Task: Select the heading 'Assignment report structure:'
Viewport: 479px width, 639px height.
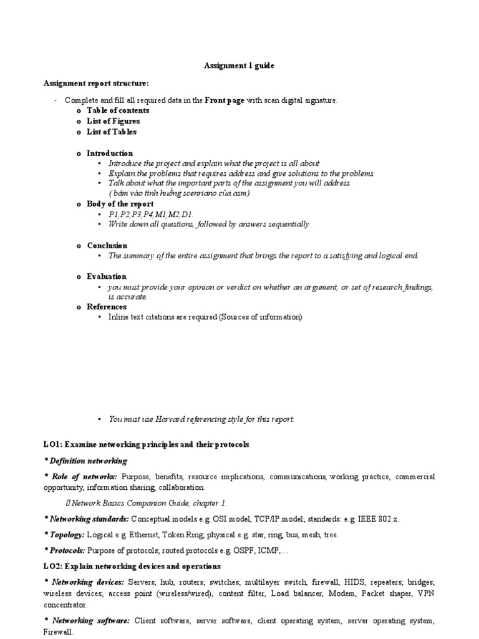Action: (96, 83)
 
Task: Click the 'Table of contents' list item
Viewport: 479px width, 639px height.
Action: (118, 110)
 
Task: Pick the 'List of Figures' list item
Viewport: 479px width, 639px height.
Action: (113, 121)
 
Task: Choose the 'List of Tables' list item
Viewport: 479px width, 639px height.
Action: (112, 132)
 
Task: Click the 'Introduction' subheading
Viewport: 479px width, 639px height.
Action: (110, 153)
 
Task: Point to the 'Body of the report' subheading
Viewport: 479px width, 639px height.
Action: (120, 204)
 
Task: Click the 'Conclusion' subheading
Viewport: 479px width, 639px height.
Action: (107, 245)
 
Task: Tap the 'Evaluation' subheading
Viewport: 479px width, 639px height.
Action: (107, 276)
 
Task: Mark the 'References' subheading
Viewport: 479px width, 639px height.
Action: (107, 306)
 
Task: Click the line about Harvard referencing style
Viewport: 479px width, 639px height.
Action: (201, 419)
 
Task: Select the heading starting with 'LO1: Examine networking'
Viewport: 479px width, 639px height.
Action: (146, 444)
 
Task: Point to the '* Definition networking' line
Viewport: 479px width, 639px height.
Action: (85, 461)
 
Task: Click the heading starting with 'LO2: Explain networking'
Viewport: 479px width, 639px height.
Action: (132, 566)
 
